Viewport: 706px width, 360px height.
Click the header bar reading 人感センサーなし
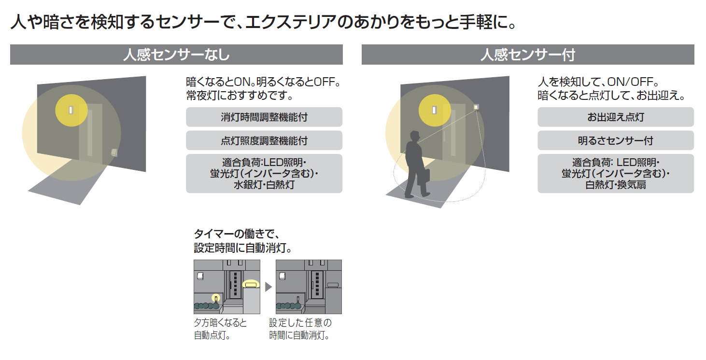[x=176, y=55]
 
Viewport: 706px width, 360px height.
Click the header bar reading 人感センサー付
[x=528, y=55]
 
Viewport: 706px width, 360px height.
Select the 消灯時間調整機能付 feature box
[x=264, y=117]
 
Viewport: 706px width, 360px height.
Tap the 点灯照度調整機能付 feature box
[x=264, y=140]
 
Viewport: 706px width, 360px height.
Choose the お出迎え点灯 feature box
[x=616, y=117]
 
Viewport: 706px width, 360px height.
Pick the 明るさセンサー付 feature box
[x=616, y=140]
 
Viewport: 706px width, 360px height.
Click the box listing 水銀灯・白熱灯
[x=264, y=174]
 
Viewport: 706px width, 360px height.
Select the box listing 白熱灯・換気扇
[x=616, y=174]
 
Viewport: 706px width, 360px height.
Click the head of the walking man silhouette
[x=415, y=137]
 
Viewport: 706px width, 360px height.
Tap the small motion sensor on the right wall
[x=476, y=107]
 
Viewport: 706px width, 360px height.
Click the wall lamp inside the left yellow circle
[x=71, y=110]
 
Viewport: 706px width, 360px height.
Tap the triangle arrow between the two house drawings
[x=268, y=287]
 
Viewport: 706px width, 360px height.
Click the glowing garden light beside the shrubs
[x=215, y=298]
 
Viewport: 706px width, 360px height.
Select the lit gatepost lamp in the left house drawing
[x=251, y=284]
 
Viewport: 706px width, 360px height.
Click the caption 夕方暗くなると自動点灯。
[x=220, y=329]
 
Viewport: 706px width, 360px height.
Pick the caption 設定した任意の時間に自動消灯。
[x=300, y=329]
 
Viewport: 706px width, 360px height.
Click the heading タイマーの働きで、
[x=237, y=234]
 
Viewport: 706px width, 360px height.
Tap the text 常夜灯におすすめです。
[x=240, y=95]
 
